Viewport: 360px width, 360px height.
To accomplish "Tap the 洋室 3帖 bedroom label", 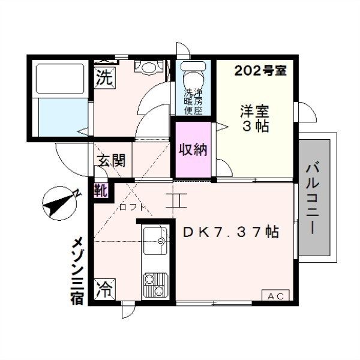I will pyautogui.click(x=255, y=119).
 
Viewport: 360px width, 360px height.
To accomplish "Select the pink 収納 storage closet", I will pyautogui.click(x=193, y=149).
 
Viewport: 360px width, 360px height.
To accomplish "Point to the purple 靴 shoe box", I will pyautogui.click(x=101, y=191).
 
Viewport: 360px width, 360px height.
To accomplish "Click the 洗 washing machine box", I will pyautogui.click(x=104, y=77).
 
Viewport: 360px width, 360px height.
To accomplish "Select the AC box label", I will pyautogui.click(x=275, y=296).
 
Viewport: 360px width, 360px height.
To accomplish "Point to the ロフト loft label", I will pyautogui.click(x=132, y=208).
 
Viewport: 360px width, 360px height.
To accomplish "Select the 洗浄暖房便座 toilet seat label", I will pyautogui.click(x=193, y=101).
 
